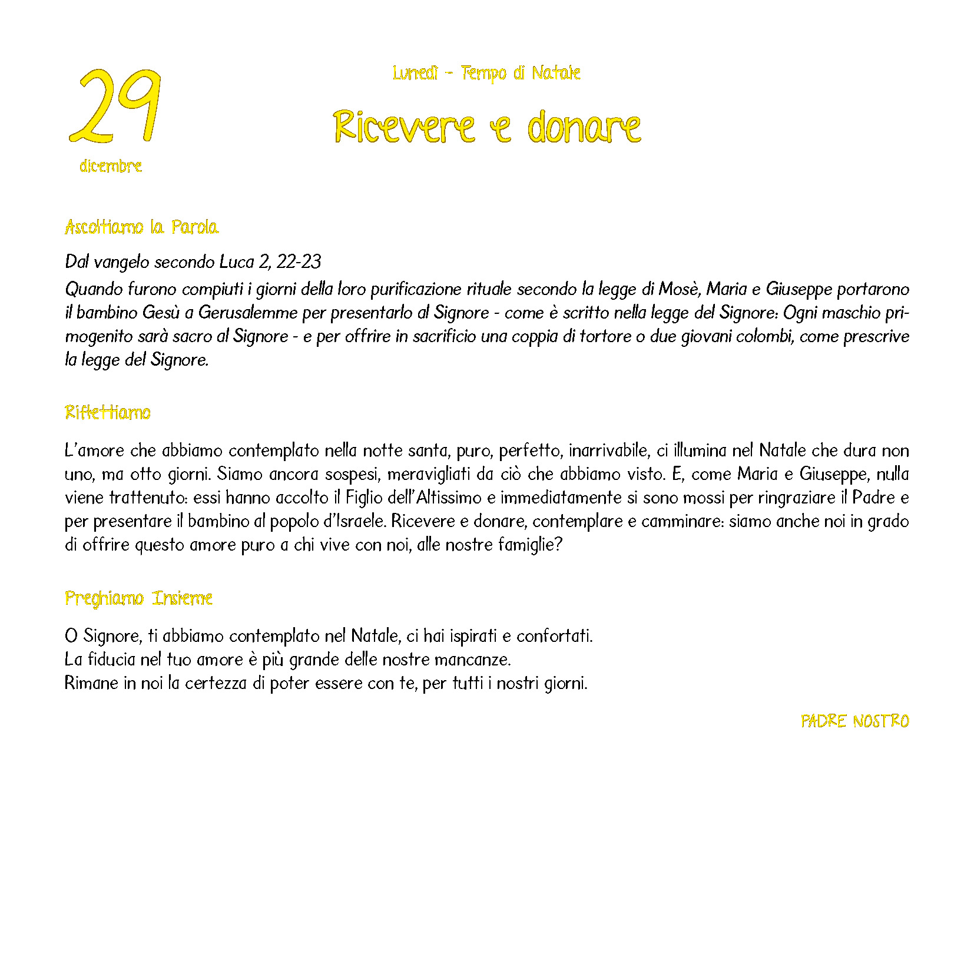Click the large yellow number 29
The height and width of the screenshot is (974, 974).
pos(115,106)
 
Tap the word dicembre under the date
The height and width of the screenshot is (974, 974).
pos(111,166)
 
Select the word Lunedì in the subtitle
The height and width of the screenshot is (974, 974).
pos(416,73)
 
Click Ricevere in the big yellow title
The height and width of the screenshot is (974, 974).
pos(404,127)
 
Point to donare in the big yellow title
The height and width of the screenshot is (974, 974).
pos(584,127)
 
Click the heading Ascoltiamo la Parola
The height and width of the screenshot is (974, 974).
pos(141,227)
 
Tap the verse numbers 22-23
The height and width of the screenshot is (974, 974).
pos(299,261)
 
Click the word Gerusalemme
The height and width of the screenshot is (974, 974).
pos(248,313)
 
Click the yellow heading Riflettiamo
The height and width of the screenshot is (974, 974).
pos(108,412)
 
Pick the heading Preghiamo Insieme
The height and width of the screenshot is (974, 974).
pos(138,598)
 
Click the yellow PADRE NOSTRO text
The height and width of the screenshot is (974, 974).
pos(854,721)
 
